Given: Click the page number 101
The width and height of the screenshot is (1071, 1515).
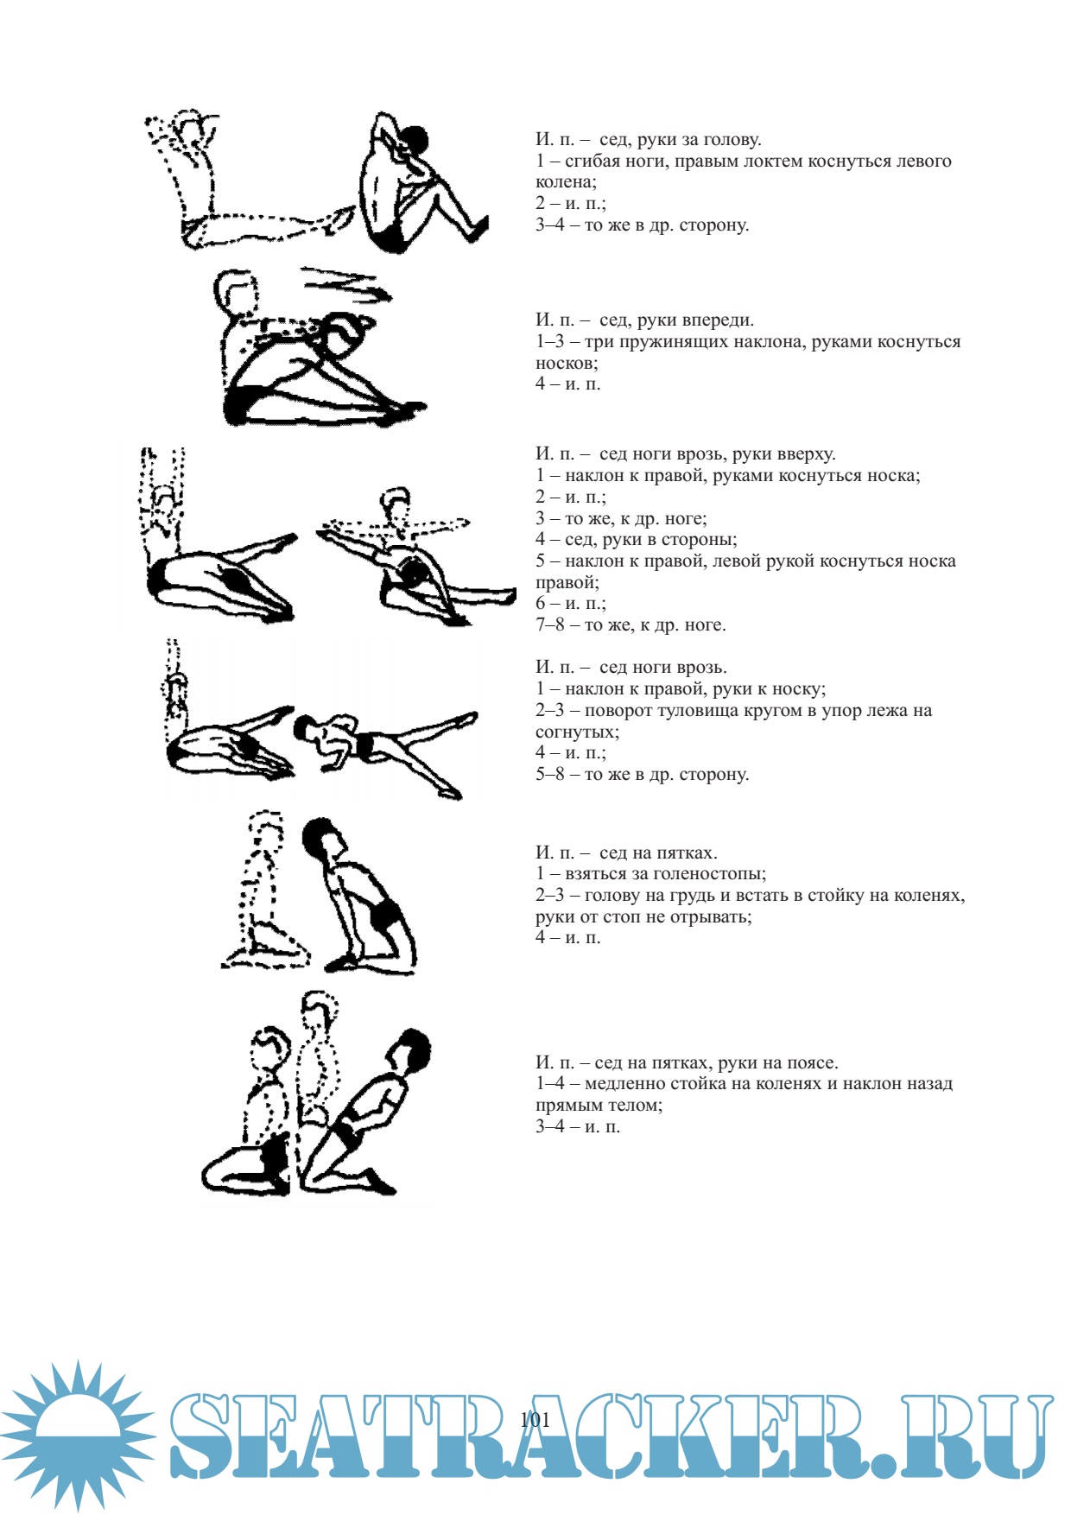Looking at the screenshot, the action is coord(535,1419).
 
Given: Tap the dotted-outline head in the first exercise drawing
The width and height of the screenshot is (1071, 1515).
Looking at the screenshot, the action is coord(194,127).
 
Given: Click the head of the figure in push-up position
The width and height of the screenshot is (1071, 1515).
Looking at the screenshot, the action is coord(305,727).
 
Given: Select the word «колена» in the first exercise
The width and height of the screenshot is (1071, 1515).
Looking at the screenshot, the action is coord(564,182).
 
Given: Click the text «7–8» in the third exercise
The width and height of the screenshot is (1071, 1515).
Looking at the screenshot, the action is coord(549,625).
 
